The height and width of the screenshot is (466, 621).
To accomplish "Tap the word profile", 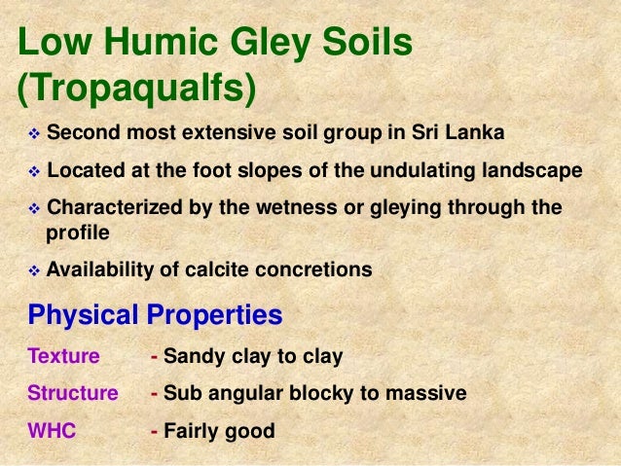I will (75, 233).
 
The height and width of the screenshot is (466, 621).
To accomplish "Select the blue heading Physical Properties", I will (156, 315).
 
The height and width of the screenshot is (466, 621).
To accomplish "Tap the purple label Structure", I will (72, 394).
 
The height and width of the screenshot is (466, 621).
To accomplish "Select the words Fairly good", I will (220, 431).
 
